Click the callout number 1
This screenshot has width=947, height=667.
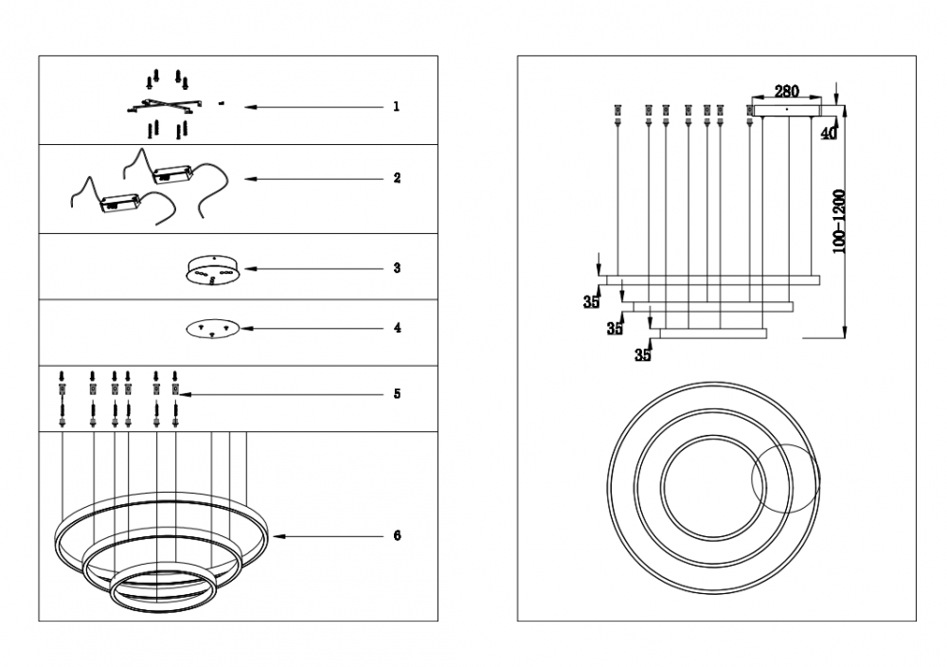click(396, 106)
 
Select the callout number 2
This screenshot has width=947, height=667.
click(397, 178)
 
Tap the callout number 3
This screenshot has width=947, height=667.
click(397, 267)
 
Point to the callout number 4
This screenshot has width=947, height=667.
click(397, 328)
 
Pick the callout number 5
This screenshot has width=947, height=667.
click(397, 394)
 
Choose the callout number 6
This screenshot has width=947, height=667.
click(397, 535)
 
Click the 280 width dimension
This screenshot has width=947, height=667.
click(786, 91)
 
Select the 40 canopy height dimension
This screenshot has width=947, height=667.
click(830, 133)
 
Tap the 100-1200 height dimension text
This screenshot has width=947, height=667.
click(839, 222)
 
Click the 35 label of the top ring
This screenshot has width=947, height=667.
click(591, 302)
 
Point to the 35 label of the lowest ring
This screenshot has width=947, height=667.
click(643, 354)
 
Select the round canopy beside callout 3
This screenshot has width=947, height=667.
click(213, 269)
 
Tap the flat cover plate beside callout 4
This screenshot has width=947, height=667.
click(213, 328)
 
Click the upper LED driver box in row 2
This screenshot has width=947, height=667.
click(172, 174)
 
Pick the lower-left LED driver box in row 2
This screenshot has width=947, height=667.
click(120, 203)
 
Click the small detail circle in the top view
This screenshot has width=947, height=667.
click(786, 479)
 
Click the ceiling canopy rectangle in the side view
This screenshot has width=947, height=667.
click(787, 111)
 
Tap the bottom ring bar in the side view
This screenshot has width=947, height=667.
click(713, 333)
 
